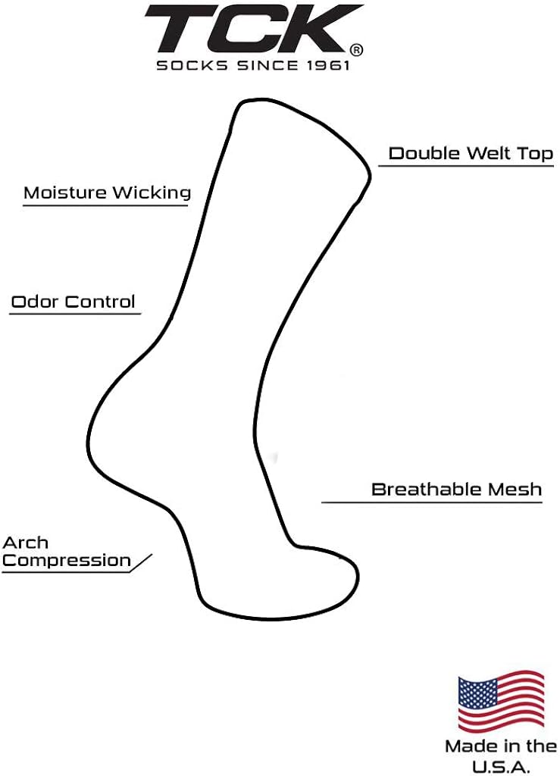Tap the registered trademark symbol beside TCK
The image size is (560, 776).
356,50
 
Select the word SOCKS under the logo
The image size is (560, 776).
192,65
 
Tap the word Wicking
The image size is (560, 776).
150,193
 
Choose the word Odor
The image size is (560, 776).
36,302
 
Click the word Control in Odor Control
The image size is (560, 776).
101,302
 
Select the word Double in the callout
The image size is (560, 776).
424,153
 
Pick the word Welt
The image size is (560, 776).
488,153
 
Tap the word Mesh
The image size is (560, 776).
508,490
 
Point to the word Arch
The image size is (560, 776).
25,543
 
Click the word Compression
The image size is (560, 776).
67,560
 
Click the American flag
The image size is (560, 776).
501,701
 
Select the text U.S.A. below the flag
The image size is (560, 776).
501,767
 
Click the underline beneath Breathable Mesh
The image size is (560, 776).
432,502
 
